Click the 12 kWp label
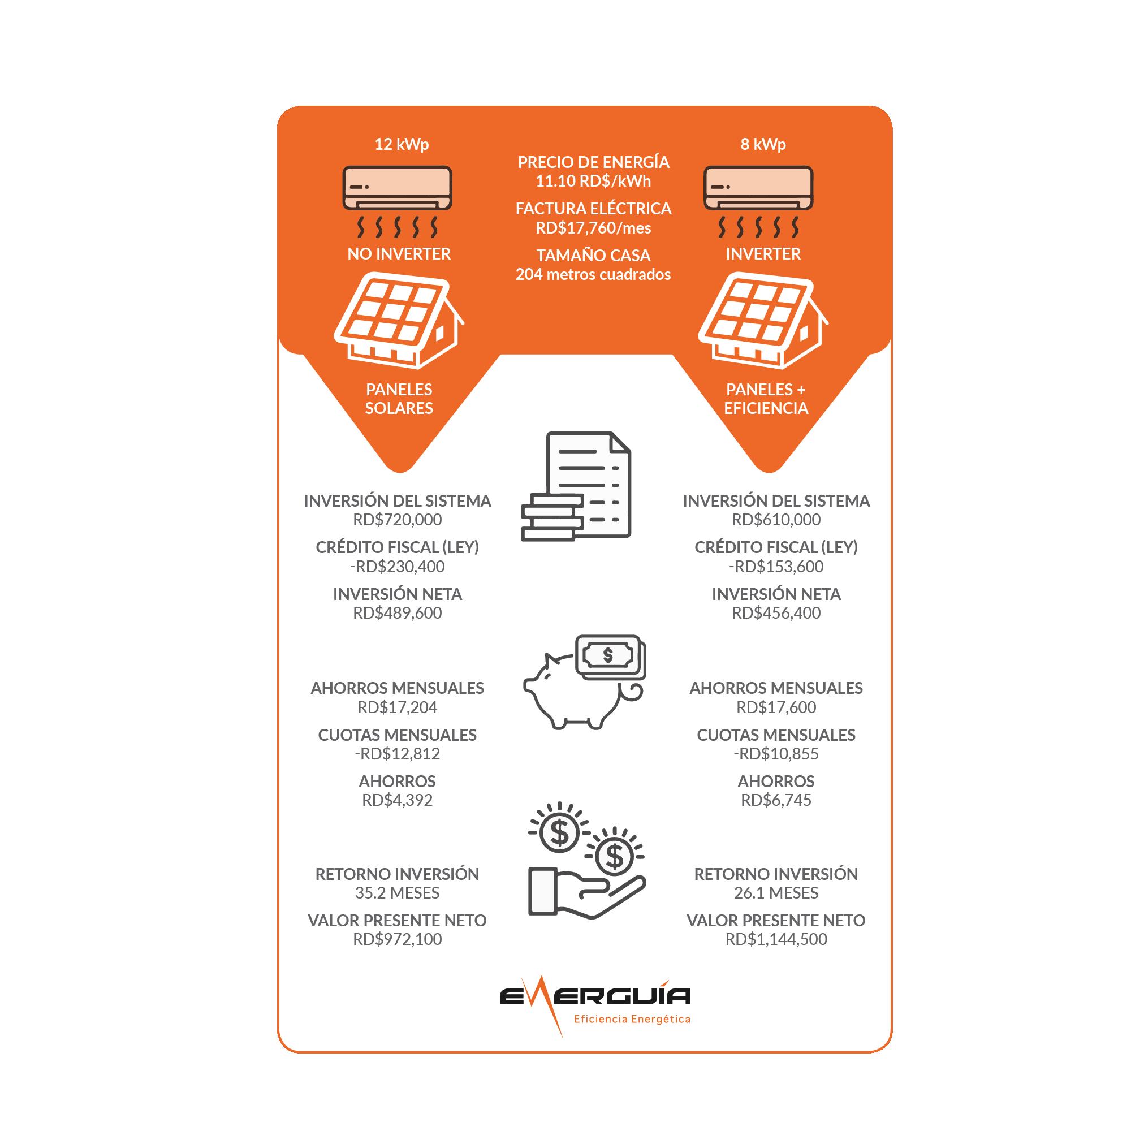pyautogui.click(x=401, y=144)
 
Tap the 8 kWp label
pyautogui.click(x=763, y=144)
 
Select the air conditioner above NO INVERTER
pyautogui.click(x=397, y=188)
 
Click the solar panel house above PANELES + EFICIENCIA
pyautogui.click(x=762, y=322)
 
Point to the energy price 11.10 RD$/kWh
pyautogui.click(x=593, y=181)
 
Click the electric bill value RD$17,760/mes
pyautogui.click(x=593, y=228)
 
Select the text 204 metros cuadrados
pyautogui.click(x=593, y=275)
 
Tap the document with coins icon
pyautogui.click(x=577, y=486)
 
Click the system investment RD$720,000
pyautogui.click(x=397, y=520)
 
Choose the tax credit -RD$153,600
pyautogui.click(x=776, y=567)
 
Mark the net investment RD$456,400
pyautogui.click(x=776, y=613)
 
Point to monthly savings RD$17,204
pyautogui.click(x=397, y=707)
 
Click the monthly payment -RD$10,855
pyautogui.click(x=776, y=753)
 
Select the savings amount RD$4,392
pyautogui.click(x=397, y=800)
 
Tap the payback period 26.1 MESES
pyautogui.click(x=776, y=893)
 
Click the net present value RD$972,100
pyautogui.click(x=397, y=939)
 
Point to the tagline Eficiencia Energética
pyautogui.click(x=632, y=1019)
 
